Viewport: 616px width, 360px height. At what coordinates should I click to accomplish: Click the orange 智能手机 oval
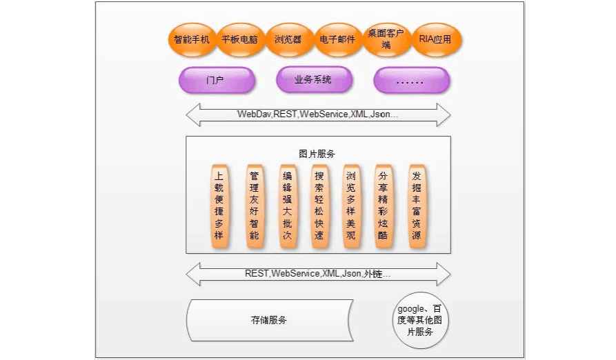pyautogui.click(x=192, y=39)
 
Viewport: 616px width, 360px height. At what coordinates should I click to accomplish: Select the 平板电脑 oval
pyautogui.click(x=239, y=39)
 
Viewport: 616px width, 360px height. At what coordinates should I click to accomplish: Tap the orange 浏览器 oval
pyautogui.click(x=288, y=39)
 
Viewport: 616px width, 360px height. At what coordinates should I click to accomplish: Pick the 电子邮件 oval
pyautogui.click(x=337, y=39)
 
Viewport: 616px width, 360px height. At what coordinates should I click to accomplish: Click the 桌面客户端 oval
pyautogui.click(x=386, y=39)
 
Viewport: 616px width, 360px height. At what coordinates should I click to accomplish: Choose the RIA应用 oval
pyautogui.click(x=435, y=39)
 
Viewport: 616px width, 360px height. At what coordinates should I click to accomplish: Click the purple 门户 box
pyautogui.click(x=216, y=80)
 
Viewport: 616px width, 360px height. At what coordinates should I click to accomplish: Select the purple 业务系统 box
pyautogui.click(x=313, y=80)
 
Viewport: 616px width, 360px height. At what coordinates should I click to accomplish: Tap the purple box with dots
pyautogui.click(x=411, y=81)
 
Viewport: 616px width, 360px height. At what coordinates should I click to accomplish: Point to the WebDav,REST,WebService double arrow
pyautogui.click(x=318, y=114)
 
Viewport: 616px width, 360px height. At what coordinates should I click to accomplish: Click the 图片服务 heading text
pyautogui.click(x=317, y=154)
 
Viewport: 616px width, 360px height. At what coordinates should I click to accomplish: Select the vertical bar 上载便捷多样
pyautogui.click(x=219, y=206)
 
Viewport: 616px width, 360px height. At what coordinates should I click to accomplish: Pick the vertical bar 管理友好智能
pyautogui.click(x=254, y=206)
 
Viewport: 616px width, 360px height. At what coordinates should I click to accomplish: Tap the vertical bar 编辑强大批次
pyautogui.click(x=287, y=206)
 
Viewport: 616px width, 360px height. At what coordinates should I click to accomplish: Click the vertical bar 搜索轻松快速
pyautogui.click(x=319, y=206)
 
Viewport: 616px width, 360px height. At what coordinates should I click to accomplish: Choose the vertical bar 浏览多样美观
pyautogui.click(x=350, y=206)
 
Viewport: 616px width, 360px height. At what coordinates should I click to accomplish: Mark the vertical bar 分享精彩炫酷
pyautogui.click(x=383, y=206)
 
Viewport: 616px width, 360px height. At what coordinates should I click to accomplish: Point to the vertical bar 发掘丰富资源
pyautogui.click(x=416, y=206)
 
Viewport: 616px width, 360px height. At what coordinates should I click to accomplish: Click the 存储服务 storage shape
pyautogui.click(x=269, y=320)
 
